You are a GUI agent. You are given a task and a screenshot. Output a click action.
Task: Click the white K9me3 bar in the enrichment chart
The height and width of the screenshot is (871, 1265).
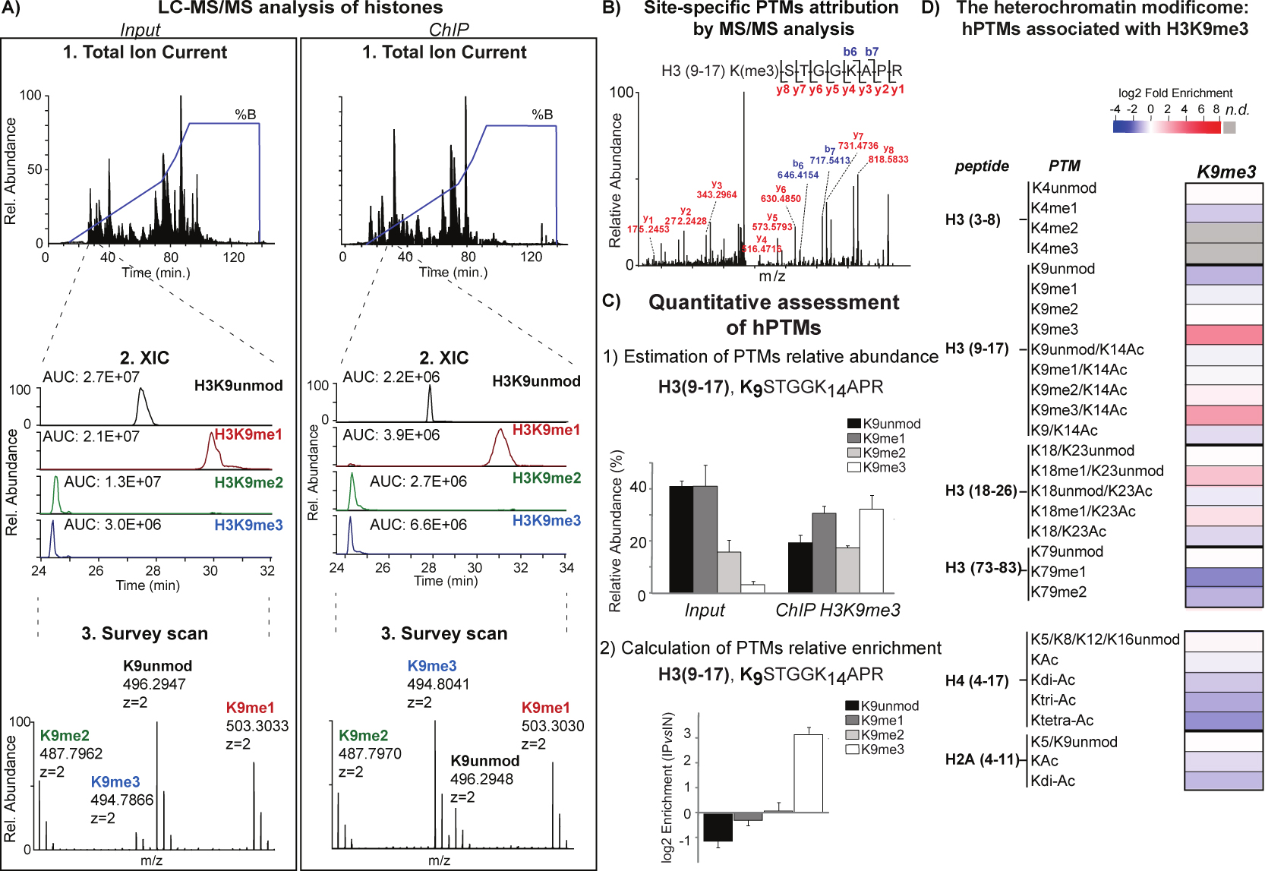(x=808, y=773)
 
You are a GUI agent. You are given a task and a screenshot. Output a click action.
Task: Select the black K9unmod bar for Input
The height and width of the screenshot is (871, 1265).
(x=681, y=539)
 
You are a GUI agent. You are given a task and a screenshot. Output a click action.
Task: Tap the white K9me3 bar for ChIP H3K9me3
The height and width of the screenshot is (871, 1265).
(x=872, y=551)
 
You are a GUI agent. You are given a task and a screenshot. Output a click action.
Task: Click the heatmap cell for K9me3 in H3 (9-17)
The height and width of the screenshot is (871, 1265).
(x=1223, y=334)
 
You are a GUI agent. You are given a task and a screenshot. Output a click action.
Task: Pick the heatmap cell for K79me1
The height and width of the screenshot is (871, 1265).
(x=1223, y=576)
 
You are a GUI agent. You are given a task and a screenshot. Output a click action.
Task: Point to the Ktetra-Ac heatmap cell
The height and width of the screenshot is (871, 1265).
(x=1223, y=720)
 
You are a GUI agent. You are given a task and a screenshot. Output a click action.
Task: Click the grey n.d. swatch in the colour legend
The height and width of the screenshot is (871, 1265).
(x=1229, y=127)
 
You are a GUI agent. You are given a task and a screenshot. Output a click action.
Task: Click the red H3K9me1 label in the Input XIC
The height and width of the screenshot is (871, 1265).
(x=248, y=434)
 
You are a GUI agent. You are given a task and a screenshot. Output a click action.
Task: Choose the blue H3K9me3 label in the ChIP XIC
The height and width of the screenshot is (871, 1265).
(x=546, y=520)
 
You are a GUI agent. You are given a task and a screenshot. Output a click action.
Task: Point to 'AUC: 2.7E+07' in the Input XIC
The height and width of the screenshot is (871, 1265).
(x=91, y=377)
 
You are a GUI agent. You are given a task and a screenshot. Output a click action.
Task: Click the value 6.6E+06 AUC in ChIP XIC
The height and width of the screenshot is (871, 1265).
(x=418, y=525)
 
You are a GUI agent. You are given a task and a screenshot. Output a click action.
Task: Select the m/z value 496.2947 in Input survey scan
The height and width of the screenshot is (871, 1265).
(x=154, y=684)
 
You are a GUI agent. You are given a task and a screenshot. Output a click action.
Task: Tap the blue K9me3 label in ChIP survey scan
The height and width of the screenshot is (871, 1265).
(x=432, y=666)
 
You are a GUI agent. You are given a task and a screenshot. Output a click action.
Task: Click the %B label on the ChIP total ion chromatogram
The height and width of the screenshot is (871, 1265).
(x=542, y=115)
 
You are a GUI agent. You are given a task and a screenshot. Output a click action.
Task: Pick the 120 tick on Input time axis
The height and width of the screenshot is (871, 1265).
(x=234, y=257)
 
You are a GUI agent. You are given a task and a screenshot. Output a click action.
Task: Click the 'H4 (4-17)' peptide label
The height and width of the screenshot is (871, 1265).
(x=976, y=680)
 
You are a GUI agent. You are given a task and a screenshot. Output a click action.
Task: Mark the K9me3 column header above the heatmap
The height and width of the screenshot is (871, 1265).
(x=1226, y=172)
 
